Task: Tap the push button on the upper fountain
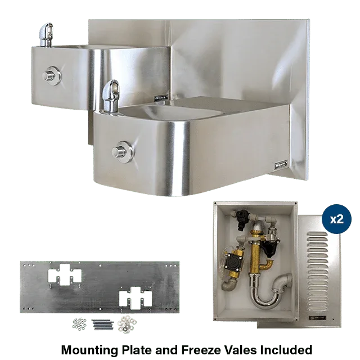[52, 74]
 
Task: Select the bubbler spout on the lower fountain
[111, 93]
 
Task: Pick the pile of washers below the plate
[125, 325]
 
